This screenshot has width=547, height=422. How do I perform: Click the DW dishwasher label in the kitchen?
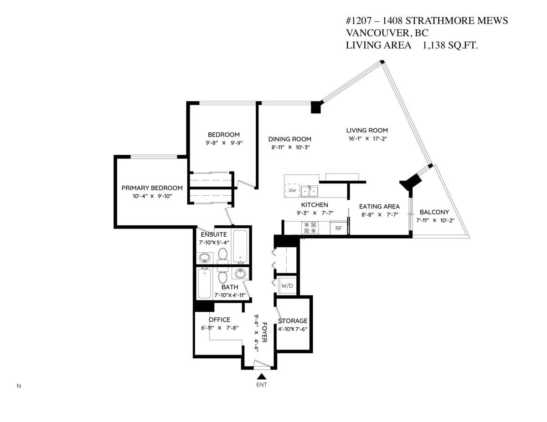pos(293,191)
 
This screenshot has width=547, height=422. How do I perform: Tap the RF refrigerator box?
pos(338,229)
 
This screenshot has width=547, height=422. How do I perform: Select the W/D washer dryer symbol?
pos(287,286)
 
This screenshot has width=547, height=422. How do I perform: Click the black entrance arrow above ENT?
pos(262,376)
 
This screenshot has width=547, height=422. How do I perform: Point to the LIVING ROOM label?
pos(366,130)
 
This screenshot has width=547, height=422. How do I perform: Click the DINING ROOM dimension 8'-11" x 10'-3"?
pos(289,147)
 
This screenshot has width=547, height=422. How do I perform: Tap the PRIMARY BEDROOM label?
pos(152,188)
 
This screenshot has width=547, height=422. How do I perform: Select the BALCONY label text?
pos(434,212)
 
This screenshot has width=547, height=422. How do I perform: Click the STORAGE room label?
pos(293,321)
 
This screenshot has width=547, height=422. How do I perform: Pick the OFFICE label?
pos(219,320)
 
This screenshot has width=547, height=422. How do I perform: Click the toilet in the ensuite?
pos(223,254)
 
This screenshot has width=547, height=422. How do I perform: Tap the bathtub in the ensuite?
pos(240,246)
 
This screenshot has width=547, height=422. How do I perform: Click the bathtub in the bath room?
pos(205,283)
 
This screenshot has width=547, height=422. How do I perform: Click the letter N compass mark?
pos(19,386)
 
